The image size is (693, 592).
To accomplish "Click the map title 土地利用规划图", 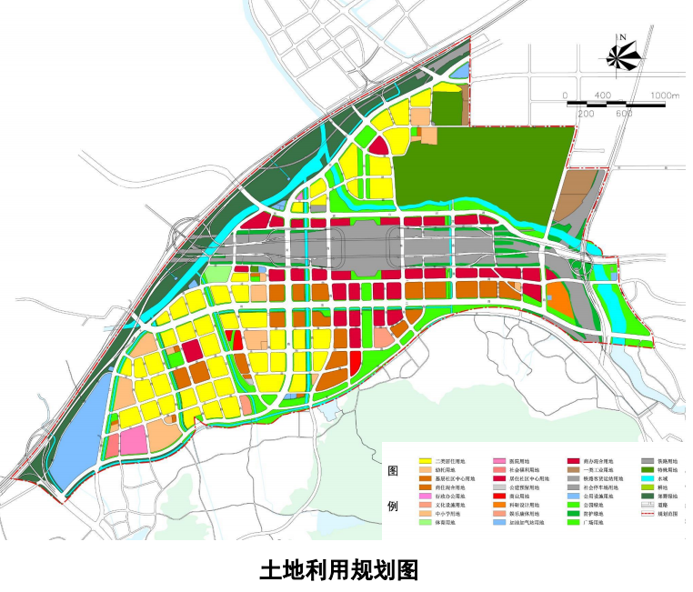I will tap(338, 570).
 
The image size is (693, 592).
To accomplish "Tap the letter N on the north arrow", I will tap(624, 37).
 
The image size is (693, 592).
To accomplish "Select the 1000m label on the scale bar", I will tap(666, 95).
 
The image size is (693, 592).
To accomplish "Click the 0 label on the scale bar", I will tap(565, 95).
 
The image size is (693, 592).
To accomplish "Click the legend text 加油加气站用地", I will tap(529, 525).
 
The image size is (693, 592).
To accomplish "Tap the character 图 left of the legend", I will tap(394, 471).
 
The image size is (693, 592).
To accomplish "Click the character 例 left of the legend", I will tap(394, 505).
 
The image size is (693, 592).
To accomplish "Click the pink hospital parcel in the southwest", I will tap(133, 442).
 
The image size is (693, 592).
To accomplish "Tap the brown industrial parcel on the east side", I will tap(574, 190).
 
